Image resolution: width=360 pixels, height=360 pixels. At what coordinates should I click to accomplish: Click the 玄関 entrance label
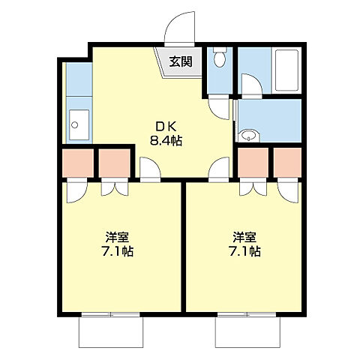pos(179,61)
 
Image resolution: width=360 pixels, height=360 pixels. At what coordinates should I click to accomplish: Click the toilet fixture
pos(218,58)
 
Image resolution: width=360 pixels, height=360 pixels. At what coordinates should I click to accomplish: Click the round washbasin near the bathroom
pos(248,136)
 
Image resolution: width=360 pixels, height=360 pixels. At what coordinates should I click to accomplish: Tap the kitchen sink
pos(78,122)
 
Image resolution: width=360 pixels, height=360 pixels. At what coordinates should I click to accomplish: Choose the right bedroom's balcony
pos(248,330)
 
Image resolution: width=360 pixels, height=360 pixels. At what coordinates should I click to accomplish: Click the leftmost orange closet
pos(77,162)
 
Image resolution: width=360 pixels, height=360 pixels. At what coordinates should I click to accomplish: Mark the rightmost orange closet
pos(286,162)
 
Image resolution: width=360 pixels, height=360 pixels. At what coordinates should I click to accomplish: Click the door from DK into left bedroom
pos(150,170)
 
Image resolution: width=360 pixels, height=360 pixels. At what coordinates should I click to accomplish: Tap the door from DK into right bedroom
pos(219,170)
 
